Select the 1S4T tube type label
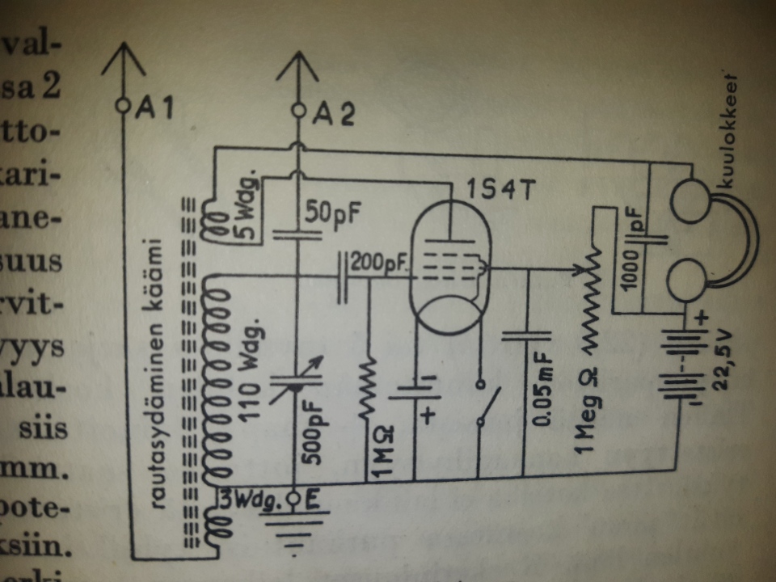[x=501, y=191]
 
